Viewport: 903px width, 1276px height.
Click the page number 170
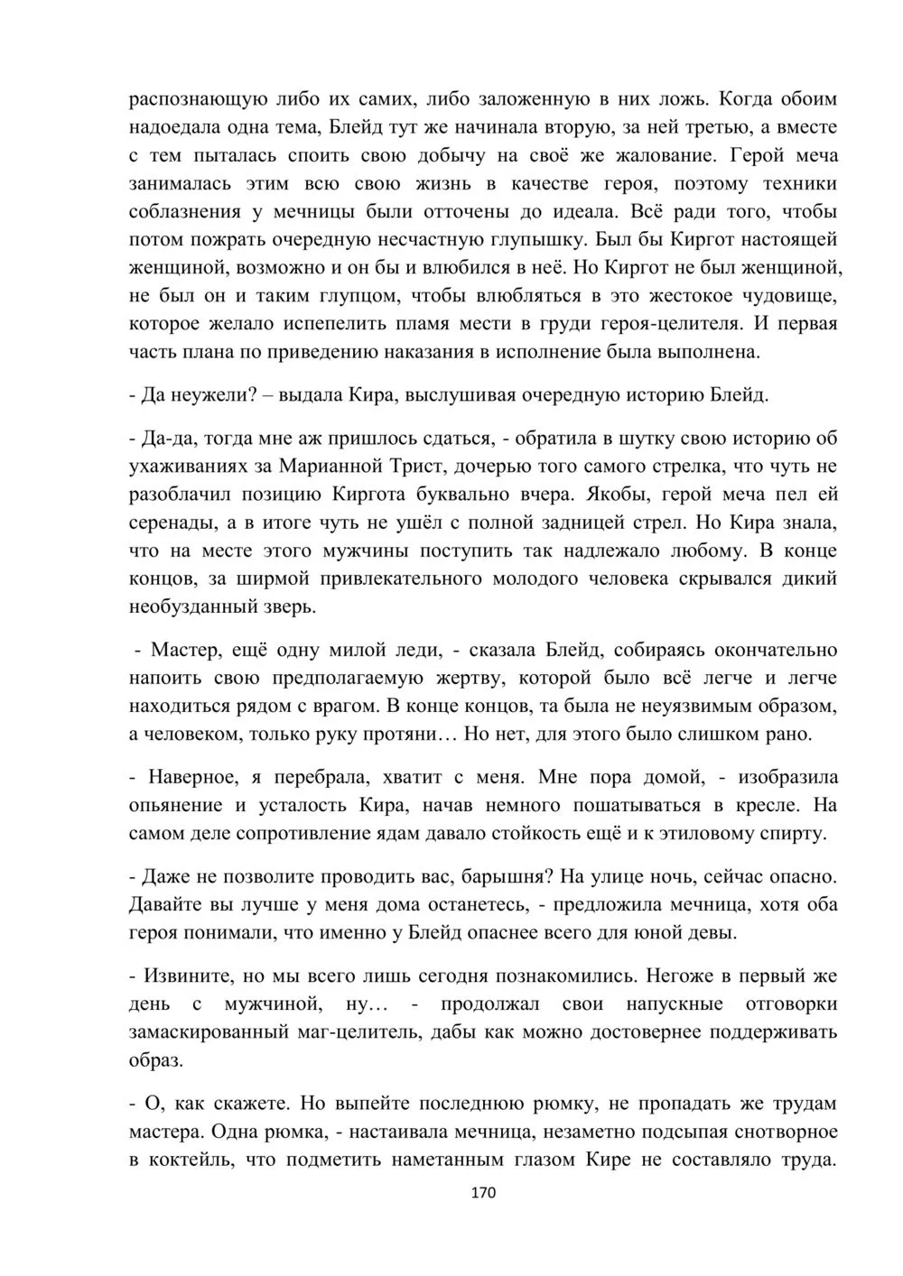pos(484,1193)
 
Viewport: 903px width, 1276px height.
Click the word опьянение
pos(175,805)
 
